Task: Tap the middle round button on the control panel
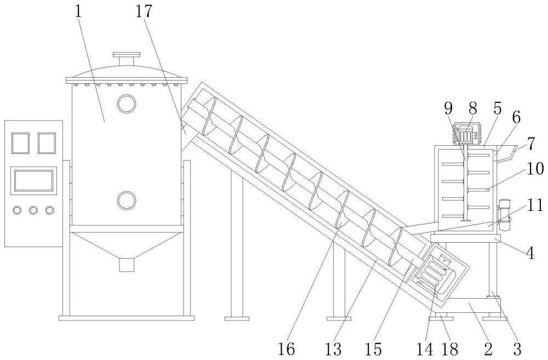click(x=33, y=210)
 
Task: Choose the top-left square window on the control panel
click(x=20, y=143)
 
